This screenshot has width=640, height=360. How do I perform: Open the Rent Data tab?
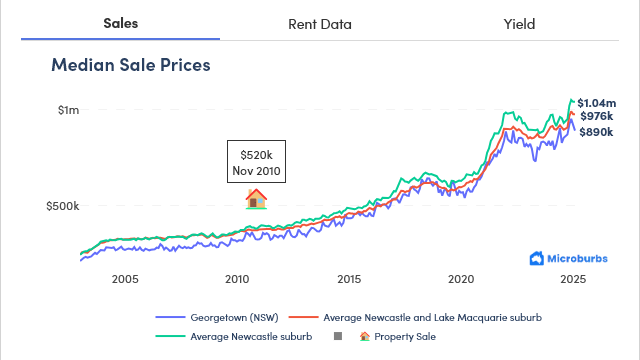pyautogui.click(x=319, y=23)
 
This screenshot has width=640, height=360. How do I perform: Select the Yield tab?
pyautogui.click(x=519, y=23)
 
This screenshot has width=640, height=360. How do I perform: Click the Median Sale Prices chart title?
pyautogui.click(x=130, y=66)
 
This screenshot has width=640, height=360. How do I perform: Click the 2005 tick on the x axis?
pyautogui.click(x=125, y=279)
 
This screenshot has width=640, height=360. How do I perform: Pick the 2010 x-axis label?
pyautogui.click(x=237, y=279)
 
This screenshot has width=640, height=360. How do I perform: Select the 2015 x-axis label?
pyautogui.click(x=349, y=279)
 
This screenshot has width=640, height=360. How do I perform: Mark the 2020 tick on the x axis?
pyautogui.click(x=461, y=279)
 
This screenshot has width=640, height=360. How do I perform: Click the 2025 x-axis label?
pyautogui.click(x=573, y=279)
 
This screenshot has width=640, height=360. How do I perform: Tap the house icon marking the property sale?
pyautogui.click(x=257, y=198)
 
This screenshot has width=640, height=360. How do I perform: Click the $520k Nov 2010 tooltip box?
pyautogui.click(x=257, y=163)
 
